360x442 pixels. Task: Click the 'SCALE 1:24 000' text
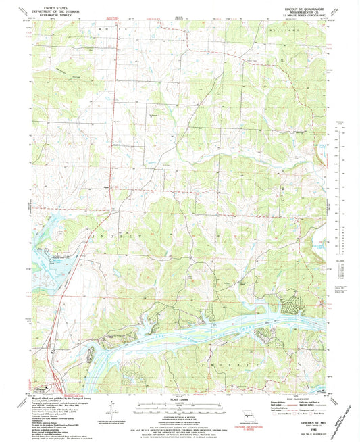[x=180, y=399]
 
